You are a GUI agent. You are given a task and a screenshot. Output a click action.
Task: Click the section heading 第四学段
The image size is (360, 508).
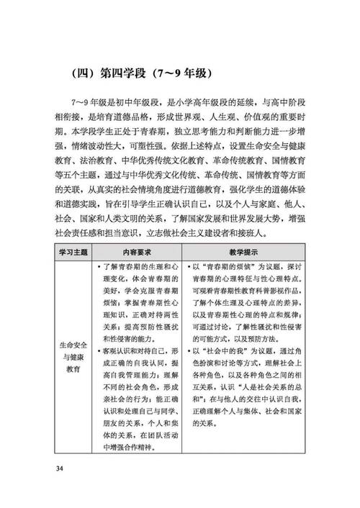pos(126,73)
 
